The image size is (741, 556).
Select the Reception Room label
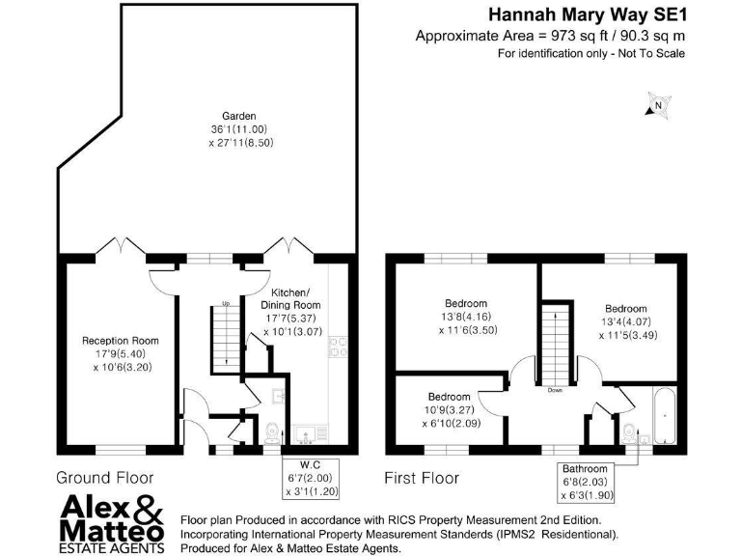pos(120,353)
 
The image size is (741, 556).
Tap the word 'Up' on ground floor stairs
pos(226,305)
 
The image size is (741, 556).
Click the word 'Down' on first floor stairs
pos(555,390)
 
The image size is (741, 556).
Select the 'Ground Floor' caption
pos(105,477)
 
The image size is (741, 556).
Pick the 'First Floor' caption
pos(422,478)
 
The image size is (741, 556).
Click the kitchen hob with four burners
pos(338,346)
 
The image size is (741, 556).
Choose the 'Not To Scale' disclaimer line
pos(590,54)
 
